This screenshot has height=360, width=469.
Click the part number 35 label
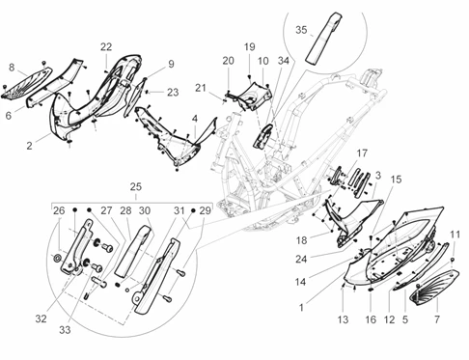pyautogui.click(x=301, y=30)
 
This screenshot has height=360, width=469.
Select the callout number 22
pyautogui.click(x=106, y=47)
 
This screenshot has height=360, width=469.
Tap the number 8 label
pyautogui.click(x=12, y=68)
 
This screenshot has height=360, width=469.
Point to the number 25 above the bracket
pyautogui.click(x=135, y=186)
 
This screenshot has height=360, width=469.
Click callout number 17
pyautogui.click(x=362, y=153)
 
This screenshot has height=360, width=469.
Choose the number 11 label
pyautogui.click(x=455, y=235)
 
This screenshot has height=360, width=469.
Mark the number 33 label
pyautogui.click(x=65, y=330)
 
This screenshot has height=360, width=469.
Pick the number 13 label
pyautogui.click(x=343, y=319)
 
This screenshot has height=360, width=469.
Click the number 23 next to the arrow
pyautogui.click(x=173, y=93)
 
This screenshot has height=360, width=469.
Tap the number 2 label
pyautogui.click(x=29, y=146)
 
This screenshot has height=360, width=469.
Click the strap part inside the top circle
pyautogui.click(x=322, y=39)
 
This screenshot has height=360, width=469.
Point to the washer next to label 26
pyautogui.click(x=58, y=258)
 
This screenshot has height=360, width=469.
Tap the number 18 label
pyautogui.click(x=301, y=240)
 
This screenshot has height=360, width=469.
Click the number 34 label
pyautogui.click(x=284, y=61)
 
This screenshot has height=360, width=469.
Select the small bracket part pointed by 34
pyautogui.click(x=263, y=136)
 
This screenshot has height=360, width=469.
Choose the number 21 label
pyautogui.click(x=201, y=88)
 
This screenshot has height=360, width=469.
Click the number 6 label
pyautogui.click(x=9, y=115)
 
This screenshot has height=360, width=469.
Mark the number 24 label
pyautogui.click(x=301, y=259)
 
